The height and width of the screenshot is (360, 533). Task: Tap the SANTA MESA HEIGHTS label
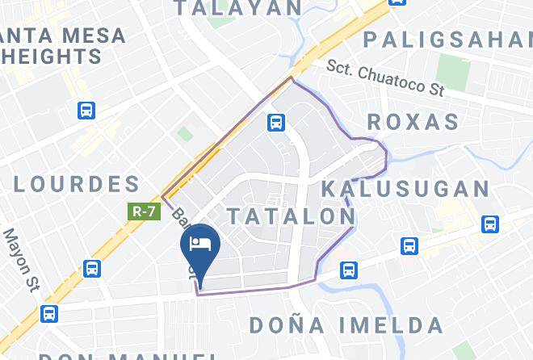coord(61,46)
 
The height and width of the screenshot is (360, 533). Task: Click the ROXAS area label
coord(413,123)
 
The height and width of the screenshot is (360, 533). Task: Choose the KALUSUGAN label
coord(405,190)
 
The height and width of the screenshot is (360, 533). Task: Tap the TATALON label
coord(291,216)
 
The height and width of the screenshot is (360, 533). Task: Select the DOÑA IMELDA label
coord(346,325)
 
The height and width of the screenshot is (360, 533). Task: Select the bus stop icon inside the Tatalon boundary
coord(276,122)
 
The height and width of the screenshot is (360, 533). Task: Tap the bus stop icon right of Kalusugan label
coord(490,224)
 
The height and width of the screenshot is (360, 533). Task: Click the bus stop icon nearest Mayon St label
coord(92,269)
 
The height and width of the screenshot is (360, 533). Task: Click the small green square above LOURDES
coord(186,134)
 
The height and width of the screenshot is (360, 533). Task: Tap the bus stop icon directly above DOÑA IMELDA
coord(348,270)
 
